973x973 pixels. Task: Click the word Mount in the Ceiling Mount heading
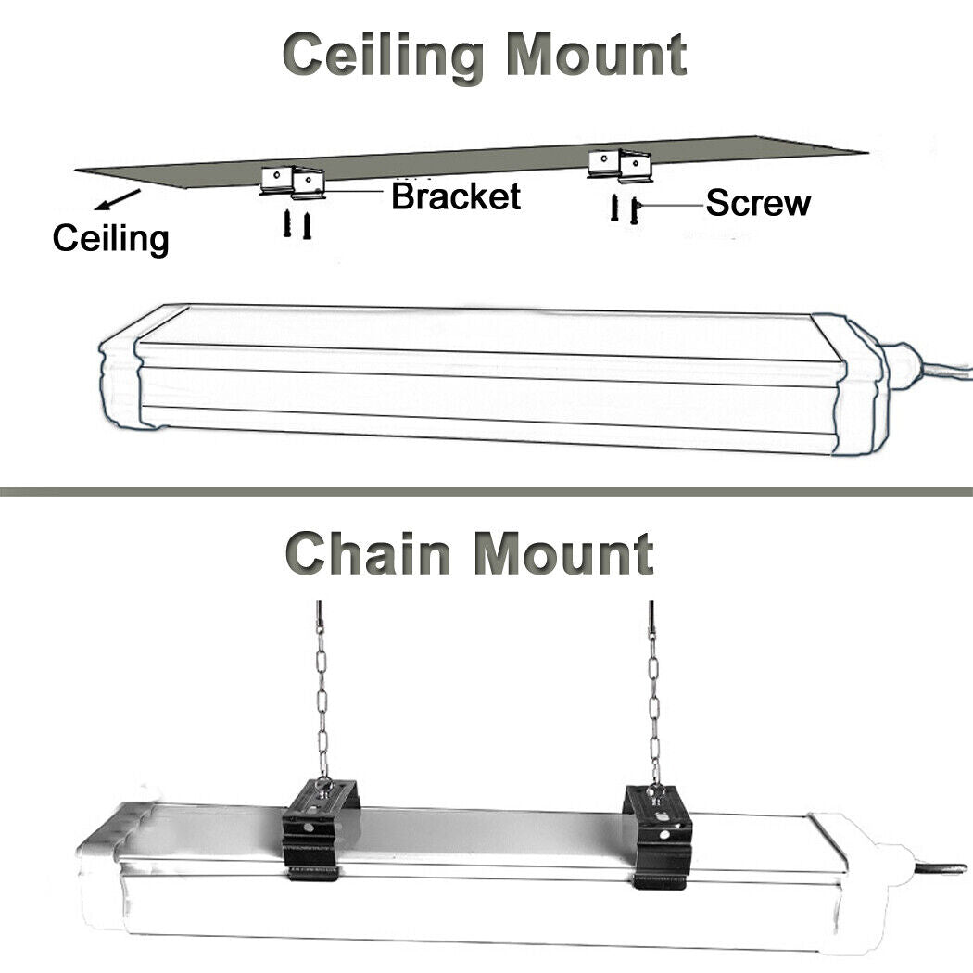tap(596, 56)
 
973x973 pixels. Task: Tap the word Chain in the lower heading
tap(370, 553)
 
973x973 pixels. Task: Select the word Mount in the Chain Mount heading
tap(563, 553)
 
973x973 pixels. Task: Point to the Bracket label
tap(456, 196)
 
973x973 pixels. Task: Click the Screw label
tap(758, 203)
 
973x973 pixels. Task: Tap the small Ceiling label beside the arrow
tap(110, 238)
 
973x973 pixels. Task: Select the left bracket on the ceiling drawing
tap(293, 180)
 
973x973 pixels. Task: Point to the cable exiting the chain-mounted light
tap(940, 867)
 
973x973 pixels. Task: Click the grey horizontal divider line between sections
tap(486, 491)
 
